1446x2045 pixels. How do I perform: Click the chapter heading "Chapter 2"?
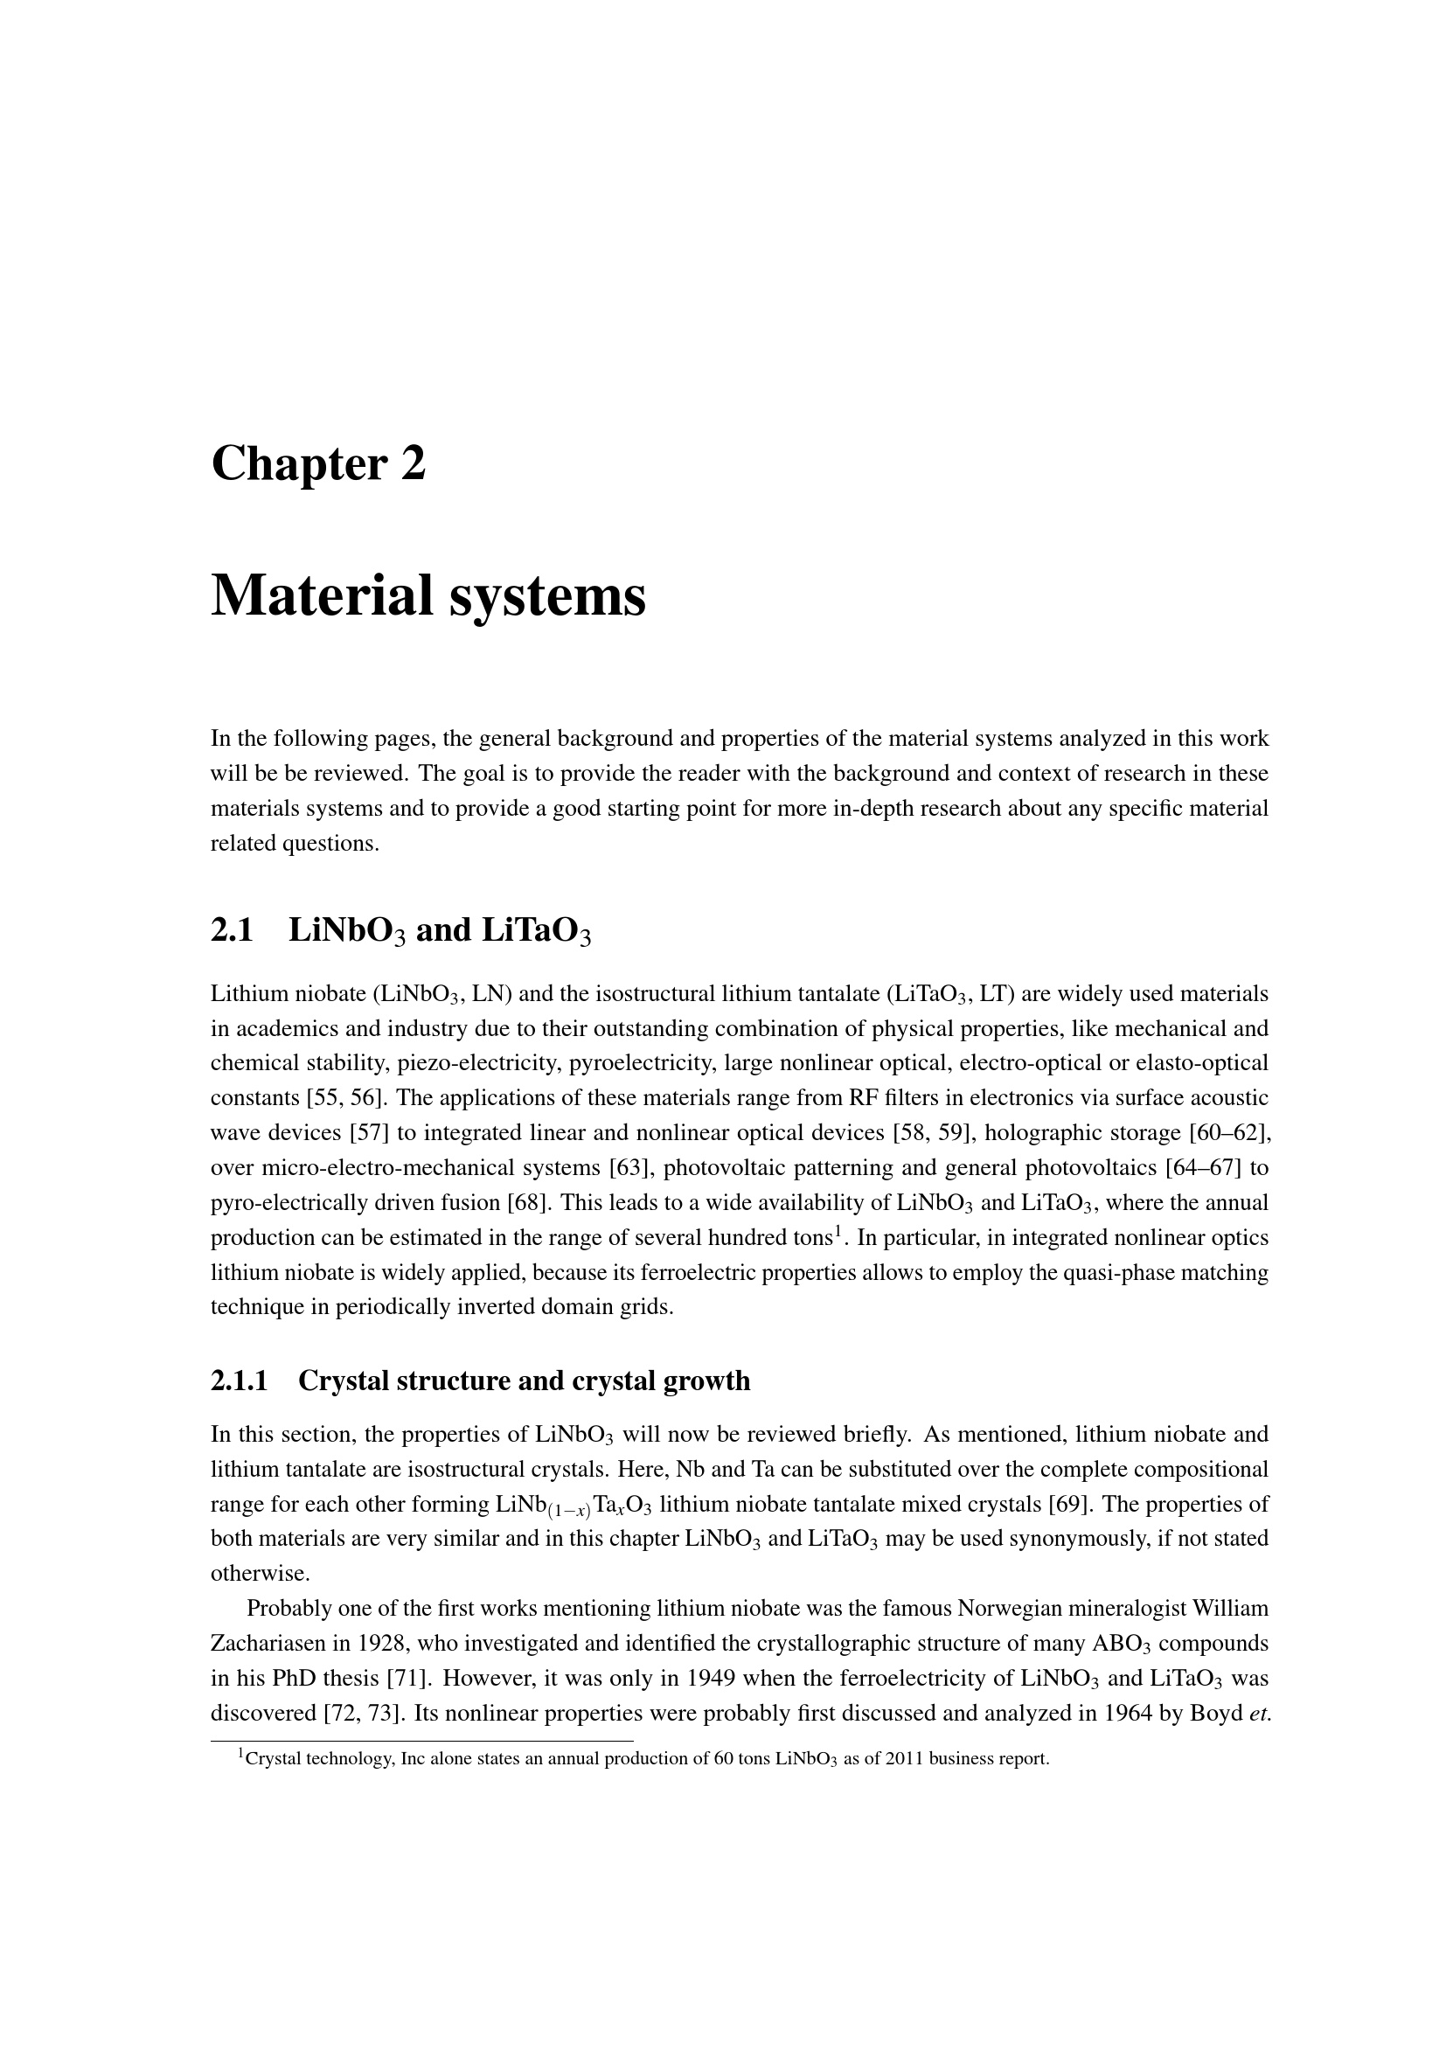318,465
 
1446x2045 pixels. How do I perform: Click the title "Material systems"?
428,596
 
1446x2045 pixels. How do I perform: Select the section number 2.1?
232,930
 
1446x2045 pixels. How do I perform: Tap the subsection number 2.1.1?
239,1381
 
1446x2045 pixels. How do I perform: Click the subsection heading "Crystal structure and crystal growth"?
524,1381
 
